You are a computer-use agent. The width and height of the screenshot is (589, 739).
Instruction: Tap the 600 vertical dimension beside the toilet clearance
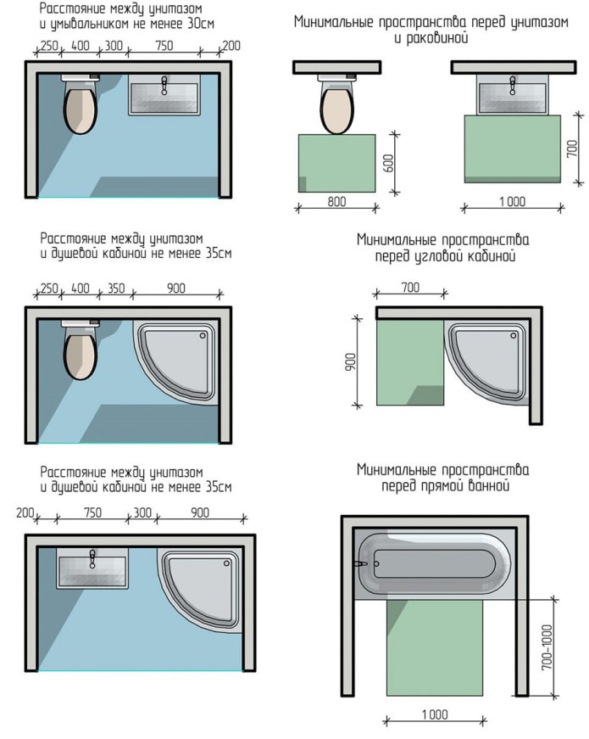[389, 163]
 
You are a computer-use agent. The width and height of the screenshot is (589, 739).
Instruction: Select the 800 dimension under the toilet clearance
[336, 204]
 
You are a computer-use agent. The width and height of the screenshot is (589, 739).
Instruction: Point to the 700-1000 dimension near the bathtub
[547, 648]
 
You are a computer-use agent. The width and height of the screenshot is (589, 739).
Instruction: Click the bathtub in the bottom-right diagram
[433, 563]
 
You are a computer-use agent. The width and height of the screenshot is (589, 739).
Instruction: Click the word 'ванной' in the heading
[490, 486]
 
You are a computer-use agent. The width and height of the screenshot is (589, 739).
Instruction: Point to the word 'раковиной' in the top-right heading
[431, 39]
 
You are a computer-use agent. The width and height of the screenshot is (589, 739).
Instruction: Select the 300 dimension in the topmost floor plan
[113, 45]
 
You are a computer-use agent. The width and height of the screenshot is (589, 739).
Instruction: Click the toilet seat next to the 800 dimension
[336, 109]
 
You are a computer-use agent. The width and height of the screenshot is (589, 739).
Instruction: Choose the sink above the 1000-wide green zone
[512, 94]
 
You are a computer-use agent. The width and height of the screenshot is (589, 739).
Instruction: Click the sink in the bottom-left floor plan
[93, 566]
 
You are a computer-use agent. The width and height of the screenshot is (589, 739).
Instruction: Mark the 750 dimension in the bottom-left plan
[93, 512]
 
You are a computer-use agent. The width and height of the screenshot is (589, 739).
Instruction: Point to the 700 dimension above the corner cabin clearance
[410, 288]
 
